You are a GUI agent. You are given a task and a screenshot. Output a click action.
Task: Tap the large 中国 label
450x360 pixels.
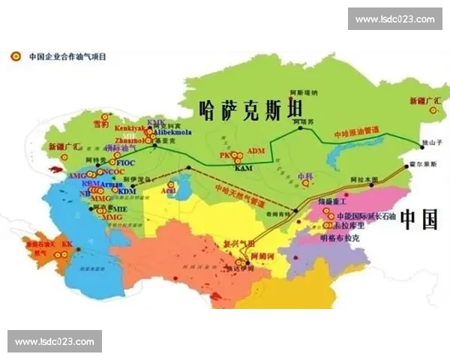pos(418,219)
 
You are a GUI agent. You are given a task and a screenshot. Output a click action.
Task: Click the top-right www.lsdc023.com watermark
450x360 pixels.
pos(394,19)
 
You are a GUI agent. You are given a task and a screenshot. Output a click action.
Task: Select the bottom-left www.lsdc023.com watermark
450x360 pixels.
pos(54,342)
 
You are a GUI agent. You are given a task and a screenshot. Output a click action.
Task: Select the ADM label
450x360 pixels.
pos(256,151)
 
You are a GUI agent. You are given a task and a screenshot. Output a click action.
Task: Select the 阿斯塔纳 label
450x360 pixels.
pos(304,92)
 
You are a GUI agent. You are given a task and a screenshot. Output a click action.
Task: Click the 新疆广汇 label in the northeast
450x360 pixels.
pos(422,100)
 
